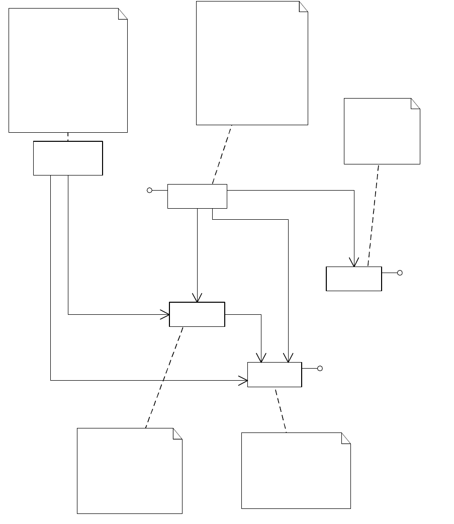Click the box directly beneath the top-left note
click(x=68, y=158)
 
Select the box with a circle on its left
click(x=197, y=196)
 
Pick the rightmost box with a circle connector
click(x=354, y=279)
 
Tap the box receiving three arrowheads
click(x=275, y=375)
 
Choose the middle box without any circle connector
click(x=197, y=314)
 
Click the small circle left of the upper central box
click(x=149, y=190)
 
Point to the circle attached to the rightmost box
click(x=400, y=273)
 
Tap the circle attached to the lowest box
click(x=320, y=368)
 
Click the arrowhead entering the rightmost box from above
click(x=354, y=263)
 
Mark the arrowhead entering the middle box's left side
click(x=165, y=315)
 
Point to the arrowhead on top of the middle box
click(x=197, y=298)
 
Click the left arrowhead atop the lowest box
click(x=261, y=358)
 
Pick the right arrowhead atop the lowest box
click(x=288, y=358)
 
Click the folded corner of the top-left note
click(x=123, y=13)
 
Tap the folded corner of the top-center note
click(x=304, y=6)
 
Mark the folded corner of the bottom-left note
click(x=178, y=433)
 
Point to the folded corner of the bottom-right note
click(x=346, y=438)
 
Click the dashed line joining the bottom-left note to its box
click(x=164, y=377)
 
